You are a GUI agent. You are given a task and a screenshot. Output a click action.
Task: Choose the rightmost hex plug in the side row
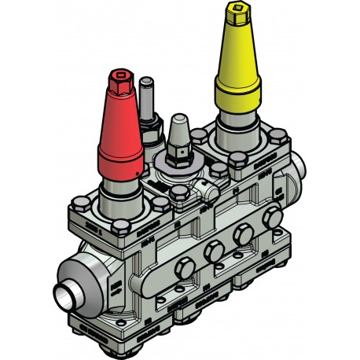(x=273, y=217)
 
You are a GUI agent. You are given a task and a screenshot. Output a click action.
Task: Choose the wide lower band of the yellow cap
(x=236, y=95)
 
